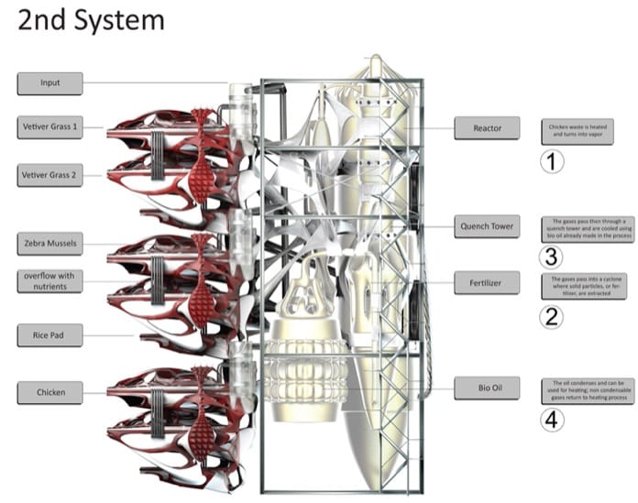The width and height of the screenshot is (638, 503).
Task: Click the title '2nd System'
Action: point(91,20)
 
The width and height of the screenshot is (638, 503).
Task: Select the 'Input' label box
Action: point(49,83)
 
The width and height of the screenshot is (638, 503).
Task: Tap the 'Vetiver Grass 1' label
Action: point(49,126)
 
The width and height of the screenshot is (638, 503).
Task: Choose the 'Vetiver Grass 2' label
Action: point(49,174)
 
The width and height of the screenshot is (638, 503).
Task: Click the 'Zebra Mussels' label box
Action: point(49,244)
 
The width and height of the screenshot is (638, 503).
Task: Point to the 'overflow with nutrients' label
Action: point(49,280)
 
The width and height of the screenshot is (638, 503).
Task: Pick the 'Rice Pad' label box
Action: point(49,336)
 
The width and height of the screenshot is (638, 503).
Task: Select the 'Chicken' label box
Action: point(49,393)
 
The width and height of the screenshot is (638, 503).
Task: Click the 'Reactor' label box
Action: point(487,128)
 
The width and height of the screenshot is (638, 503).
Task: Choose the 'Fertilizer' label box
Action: point(487,282)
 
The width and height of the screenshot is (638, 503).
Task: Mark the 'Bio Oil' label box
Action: point(487,388)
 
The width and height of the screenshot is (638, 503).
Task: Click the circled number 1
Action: point(551,162)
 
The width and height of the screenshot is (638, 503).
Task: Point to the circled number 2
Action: point(551,317)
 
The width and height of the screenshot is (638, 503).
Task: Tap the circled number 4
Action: point(551,420)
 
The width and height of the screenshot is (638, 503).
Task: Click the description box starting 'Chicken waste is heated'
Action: point(577,129)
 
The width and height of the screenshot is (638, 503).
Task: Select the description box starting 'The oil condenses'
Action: point(577,388)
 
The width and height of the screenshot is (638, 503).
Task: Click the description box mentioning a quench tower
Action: point(577,228)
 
